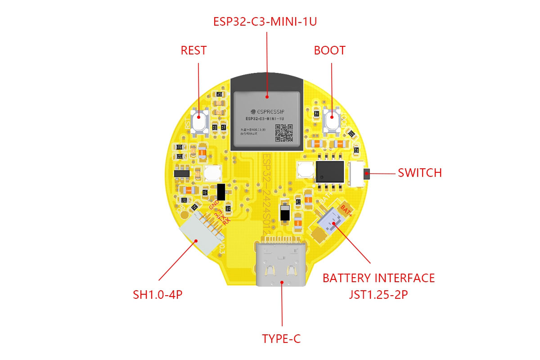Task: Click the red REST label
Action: point(193,50)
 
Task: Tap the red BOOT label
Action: point(329,50)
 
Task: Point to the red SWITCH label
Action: point(419,173)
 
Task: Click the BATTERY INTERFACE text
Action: point(378,278)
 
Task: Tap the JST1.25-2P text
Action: point(378,295)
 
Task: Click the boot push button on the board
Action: point(332,119)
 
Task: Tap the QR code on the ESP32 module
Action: point(283,132)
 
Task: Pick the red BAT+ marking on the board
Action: point(347,209)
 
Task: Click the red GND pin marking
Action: point(214,207)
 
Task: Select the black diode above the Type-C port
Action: point(284,213)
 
